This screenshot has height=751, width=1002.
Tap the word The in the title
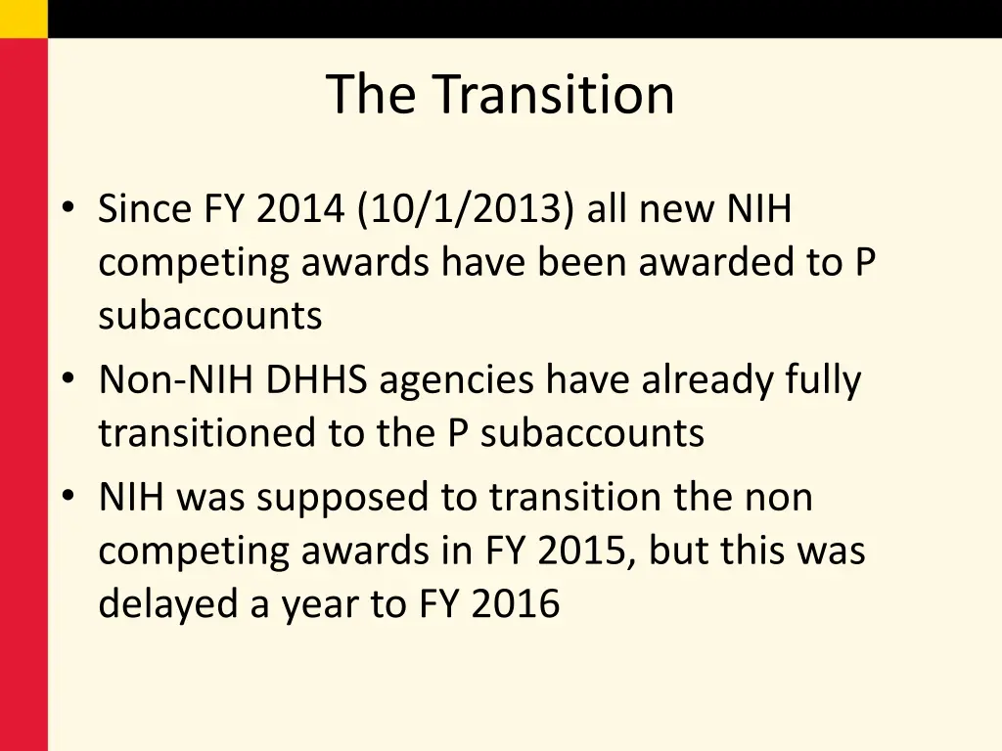(x=375, y=95)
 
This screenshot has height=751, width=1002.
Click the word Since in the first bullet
(x=138, y=209)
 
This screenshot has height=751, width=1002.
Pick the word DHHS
(x=316, y=380)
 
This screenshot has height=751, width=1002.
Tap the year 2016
(x=515, y=603)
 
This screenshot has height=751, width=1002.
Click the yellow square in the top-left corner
(x=23, y=19)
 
